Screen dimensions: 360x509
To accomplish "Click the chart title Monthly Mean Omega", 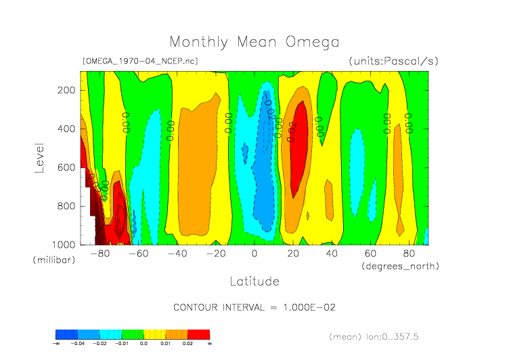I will [254, 42].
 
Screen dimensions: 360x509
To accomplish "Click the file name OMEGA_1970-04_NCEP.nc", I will [140, 62].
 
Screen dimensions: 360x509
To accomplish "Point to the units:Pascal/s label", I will [394, 62].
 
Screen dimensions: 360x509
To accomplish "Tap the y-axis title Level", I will [39, 157].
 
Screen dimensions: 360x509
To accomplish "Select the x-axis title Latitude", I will [254, 281].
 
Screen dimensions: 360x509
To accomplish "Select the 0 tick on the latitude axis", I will [255, 254].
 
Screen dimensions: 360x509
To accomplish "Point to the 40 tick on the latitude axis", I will [332, 254].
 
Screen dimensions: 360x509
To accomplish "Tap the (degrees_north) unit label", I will [401, 266].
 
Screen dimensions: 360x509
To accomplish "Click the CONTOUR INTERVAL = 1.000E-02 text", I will [255, 307].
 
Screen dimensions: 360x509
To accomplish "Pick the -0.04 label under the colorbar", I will [78, 344].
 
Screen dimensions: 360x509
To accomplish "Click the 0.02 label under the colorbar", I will [187, 344].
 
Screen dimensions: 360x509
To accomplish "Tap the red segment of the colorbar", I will [199, 334].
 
